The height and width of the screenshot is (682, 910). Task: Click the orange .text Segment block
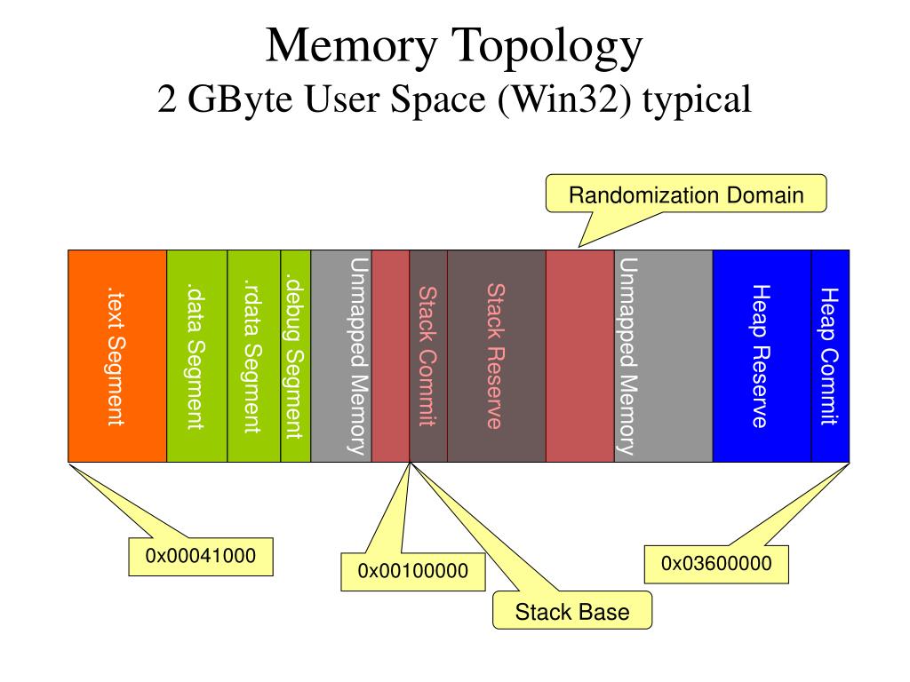tap(117, 355)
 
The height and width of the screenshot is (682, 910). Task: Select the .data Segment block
tap(197, 355)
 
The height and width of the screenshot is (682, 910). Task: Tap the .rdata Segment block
tap(254, 355)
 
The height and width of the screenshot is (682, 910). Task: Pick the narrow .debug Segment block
tap(296, 355)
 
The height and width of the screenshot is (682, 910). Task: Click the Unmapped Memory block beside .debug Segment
tap(341, 355)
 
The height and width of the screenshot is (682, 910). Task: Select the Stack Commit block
tap(428, 355)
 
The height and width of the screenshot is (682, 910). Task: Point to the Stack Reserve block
tap(496, 355)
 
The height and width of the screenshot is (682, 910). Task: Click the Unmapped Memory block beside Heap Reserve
tap(663, 355)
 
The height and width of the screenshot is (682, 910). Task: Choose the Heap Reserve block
tap(762, 355)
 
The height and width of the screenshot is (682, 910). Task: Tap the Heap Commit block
tap(830, 355)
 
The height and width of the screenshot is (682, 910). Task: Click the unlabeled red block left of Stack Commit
tap(390, 355)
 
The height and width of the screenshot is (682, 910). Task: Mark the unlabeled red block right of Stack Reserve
tap(579, 355)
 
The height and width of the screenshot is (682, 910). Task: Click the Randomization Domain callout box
tap(686, 194)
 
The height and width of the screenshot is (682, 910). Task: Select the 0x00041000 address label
tap(201, 557)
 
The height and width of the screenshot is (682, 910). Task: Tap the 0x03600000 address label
tap(716, 564)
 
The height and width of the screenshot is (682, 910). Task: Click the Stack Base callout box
tap(572, 612)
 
